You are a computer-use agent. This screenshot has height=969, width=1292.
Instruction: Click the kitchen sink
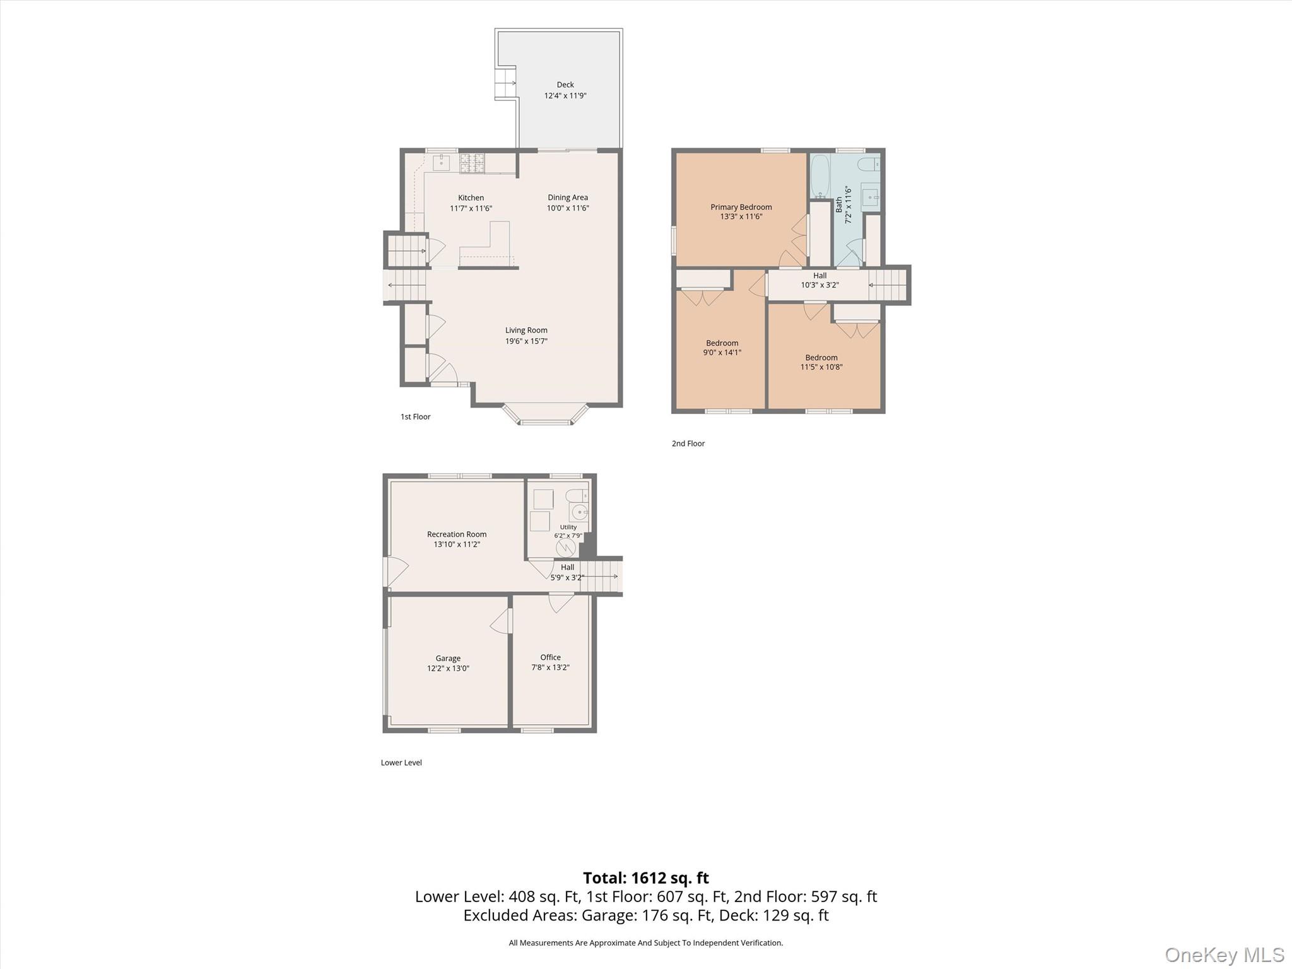441,163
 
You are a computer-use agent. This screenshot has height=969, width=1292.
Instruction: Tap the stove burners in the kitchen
472,163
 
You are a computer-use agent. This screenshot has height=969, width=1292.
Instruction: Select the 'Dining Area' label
568,197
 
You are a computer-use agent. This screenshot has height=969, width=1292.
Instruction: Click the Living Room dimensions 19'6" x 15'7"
526,341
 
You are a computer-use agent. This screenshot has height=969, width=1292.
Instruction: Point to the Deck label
565,85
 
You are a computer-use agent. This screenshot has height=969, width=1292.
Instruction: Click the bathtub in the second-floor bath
820,176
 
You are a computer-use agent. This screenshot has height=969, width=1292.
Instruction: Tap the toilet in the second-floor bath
868,165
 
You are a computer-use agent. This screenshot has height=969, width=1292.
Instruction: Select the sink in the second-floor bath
871,197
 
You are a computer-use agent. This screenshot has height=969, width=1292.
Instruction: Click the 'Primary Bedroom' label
741,207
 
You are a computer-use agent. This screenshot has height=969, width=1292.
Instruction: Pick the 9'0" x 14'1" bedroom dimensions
722,353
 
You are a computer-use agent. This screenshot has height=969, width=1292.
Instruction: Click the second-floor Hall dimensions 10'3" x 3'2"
820,285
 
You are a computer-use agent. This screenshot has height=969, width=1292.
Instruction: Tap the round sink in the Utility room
578,512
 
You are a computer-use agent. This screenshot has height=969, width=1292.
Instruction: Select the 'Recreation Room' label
457,534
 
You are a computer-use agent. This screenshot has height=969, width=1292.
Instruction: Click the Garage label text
448,658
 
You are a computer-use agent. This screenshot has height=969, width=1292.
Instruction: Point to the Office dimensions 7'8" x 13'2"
551,667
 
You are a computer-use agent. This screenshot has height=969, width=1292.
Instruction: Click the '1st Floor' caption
416,416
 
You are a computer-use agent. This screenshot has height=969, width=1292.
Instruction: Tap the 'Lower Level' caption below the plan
401,763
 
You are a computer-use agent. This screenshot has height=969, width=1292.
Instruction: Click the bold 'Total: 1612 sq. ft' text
646,878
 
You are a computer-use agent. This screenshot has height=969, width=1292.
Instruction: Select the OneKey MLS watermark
1224,954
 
